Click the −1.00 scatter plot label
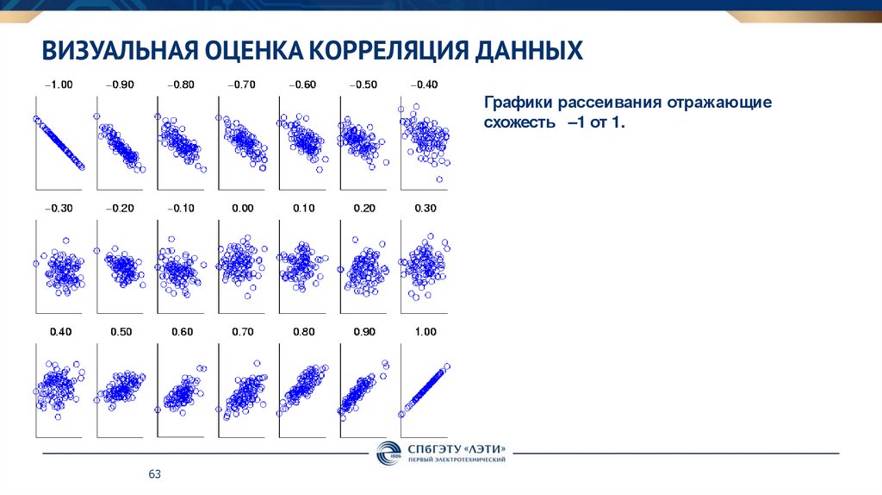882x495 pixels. [x=59, y=85]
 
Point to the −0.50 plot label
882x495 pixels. [x=363, y=85]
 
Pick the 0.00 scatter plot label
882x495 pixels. [x=242, y=208]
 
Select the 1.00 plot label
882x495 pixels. [x=425, y=332]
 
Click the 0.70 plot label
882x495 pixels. [x=242, y=332]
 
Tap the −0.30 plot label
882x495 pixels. [x=59, y=208]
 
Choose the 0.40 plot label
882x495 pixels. [x=59, y=332]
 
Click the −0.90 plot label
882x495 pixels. [x=120, y=85]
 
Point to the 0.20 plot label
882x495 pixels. [x=364, y=208]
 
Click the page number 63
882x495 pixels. [x=155, y=475]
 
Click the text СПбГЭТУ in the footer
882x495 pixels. [x=428, y=448]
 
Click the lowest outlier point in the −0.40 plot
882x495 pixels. [x=439, y=179]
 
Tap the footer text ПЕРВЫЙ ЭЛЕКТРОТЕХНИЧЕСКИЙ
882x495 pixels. [x=457, y=460]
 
